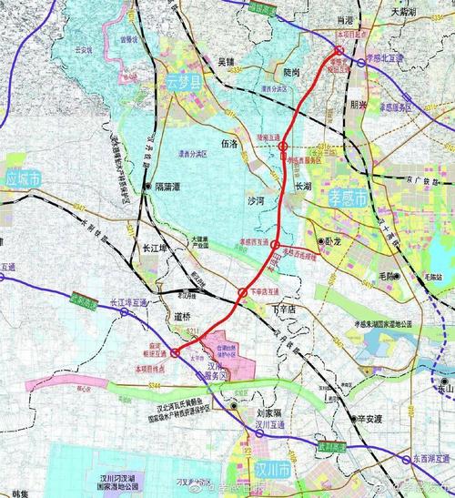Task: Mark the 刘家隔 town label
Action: pos(262,412)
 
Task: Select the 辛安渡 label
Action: pos(372,419)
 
